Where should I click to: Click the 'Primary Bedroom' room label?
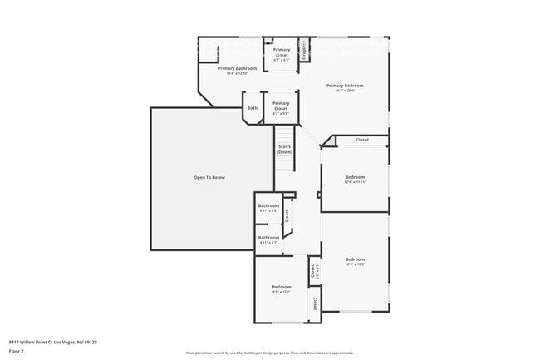point(345,86)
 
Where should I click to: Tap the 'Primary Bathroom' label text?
point(237,68)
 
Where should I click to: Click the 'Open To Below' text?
point(209,177)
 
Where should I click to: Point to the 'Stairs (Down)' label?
point(284,150)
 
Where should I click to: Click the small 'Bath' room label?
point(252,107)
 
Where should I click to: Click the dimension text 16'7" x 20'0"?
point(345,91)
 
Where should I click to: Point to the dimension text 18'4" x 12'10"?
point(237,74)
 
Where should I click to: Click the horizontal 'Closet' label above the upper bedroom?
point(362,140)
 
